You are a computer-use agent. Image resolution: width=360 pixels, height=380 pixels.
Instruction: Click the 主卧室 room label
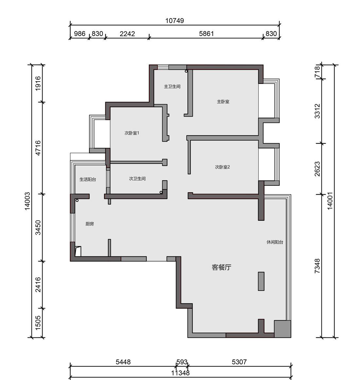coord(223,102)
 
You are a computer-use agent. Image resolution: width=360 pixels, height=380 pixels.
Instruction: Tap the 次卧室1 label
coord(132,133)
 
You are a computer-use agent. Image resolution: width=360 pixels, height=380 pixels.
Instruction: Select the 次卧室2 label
coord(222,167)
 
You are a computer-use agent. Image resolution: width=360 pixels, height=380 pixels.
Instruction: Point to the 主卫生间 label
coord(172,86)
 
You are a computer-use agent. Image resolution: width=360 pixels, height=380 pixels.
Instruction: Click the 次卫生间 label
coord(137,179)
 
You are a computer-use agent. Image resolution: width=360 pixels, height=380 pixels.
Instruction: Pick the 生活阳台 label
coord(88,179)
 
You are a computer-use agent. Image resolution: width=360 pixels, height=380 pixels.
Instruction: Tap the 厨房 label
coord(90,224)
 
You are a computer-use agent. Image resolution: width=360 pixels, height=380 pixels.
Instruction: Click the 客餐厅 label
coord(221,267)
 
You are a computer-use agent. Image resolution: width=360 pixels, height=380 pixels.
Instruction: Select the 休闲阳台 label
coord(275,242)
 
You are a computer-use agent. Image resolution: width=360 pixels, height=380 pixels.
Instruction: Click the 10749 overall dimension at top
coord(174,21)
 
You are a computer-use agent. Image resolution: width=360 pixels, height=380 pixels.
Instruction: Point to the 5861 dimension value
coord(206,33)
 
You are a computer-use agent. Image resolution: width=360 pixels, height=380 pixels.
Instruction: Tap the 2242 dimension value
coord(127,34)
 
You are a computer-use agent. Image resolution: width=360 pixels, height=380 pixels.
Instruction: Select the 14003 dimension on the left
coord(27,201)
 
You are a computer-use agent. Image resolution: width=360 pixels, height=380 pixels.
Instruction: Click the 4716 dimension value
coord(38,148)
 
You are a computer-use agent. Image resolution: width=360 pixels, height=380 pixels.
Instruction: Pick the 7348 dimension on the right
coord(317,266)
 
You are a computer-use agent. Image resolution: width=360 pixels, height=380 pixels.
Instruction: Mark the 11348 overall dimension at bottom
coord(180,373)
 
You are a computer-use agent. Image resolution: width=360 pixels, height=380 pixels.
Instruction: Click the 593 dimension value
coord(182,362)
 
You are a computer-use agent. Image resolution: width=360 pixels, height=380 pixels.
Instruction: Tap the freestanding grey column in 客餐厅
coord(261,281)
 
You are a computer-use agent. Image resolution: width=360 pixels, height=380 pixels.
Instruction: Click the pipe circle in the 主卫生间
coord(186,71)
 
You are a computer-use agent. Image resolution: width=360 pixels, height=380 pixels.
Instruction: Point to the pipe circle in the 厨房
coord(77,200)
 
